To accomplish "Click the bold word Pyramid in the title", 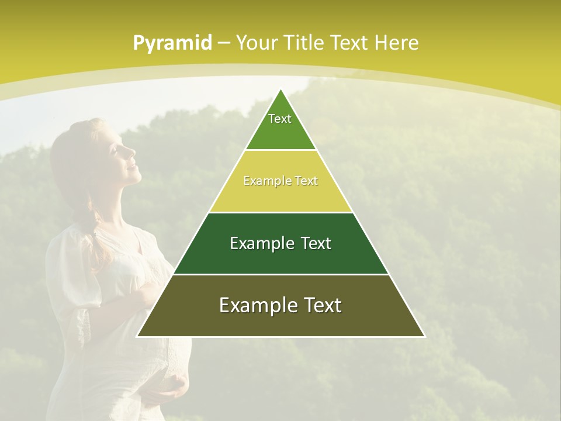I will (x=172, y=43).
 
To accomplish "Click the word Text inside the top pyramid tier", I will (x=280, y=119).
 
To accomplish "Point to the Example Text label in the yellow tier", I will (x=280, y=181).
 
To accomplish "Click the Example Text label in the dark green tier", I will (x=280, y=243).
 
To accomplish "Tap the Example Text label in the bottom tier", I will (x=280, y=305).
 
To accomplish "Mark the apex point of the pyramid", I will (x=281, y=89).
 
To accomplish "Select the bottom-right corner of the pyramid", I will (x=424, y=336).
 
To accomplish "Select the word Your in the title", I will (x=255, y=43).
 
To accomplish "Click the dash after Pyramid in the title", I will (x=223, y=43).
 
